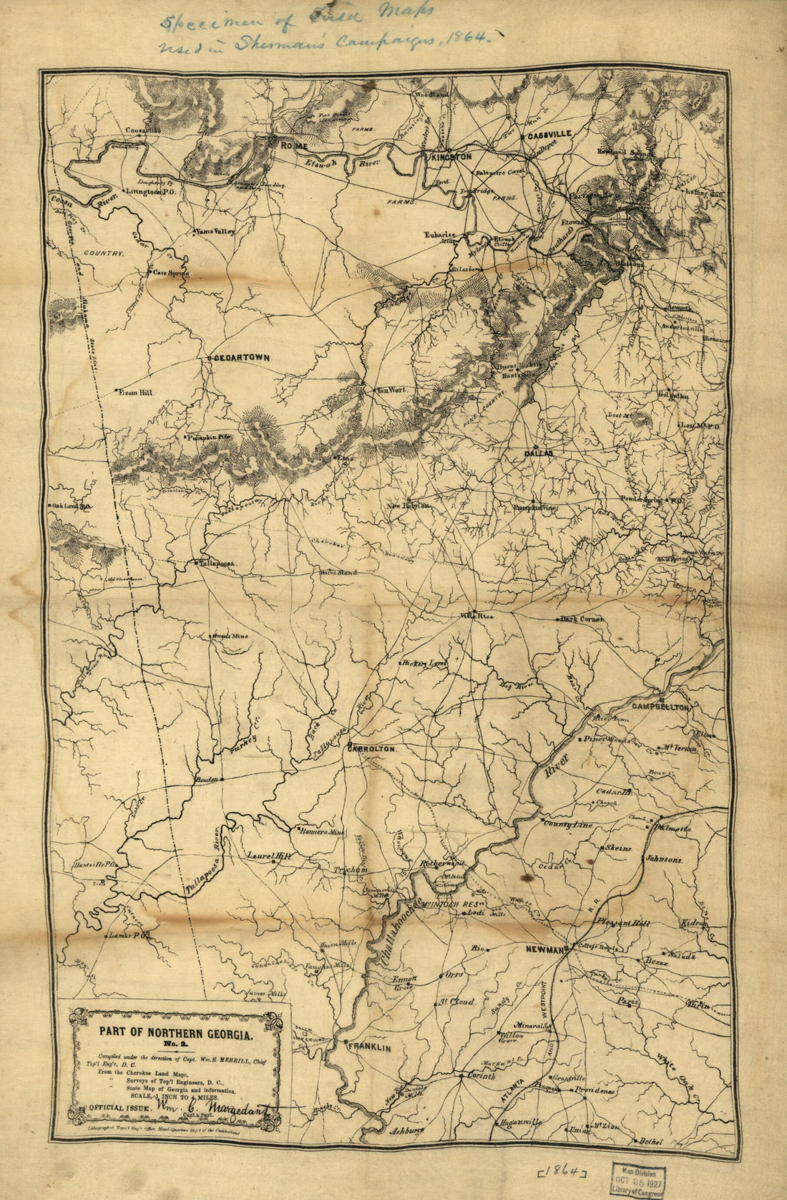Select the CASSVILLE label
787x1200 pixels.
[549, 134]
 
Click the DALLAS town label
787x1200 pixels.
[539, 453]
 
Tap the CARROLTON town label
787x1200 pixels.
[371, 748]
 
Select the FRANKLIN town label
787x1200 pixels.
[369, 1047]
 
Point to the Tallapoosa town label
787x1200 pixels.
[217, 564]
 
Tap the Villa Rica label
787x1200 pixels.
[477, 615]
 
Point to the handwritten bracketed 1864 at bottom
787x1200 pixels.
[562, 1171]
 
